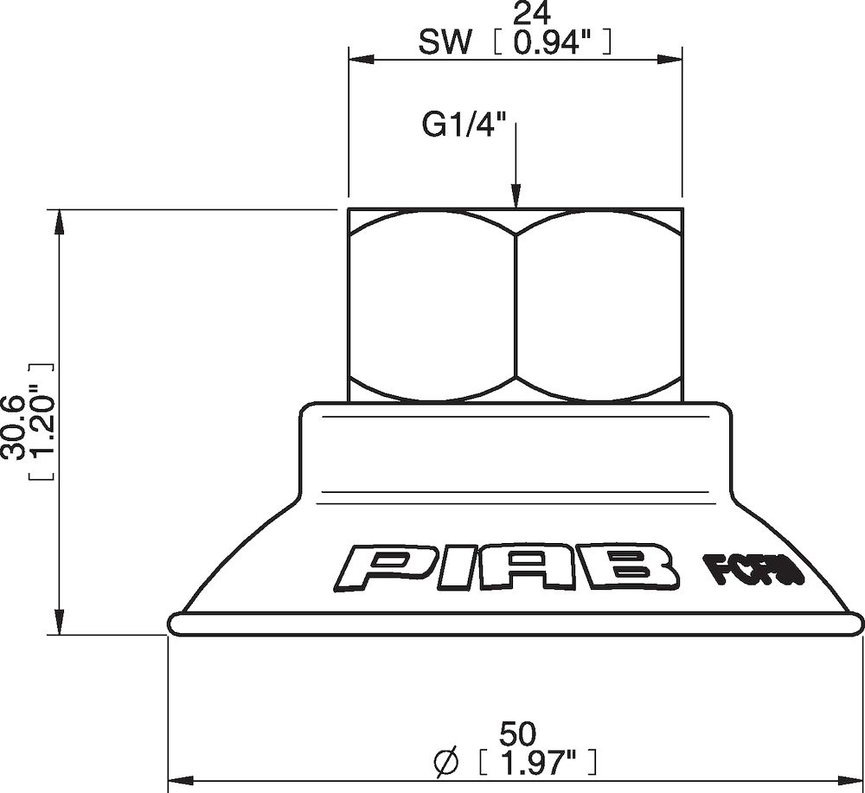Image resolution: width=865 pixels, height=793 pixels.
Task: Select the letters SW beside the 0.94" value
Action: pyautogui.click(x=445, y=43)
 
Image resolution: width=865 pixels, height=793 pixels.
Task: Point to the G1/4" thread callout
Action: pyautogui.click(x=464, y=126)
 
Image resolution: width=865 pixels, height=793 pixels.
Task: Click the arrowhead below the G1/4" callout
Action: pyautogui.click(x=516, y=198)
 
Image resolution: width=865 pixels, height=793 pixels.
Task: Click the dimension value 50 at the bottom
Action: pyautogui.click(x=516, y=733)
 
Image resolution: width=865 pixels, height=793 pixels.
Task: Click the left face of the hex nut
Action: pyautogui.click(x=431, y=306)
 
